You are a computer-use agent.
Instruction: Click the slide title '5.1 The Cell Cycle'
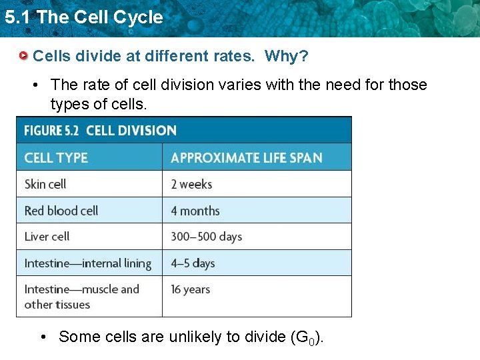(83, 17)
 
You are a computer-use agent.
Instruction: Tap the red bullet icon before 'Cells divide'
(23, 55)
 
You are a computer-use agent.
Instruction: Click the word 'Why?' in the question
(286, 56)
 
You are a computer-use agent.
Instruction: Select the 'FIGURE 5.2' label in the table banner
(53, 131)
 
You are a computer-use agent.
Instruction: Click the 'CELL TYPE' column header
(56, 158)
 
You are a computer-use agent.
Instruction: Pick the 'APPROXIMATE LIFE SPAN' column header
(246, 158)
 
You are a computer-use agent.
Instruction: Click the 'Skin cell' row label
(45, 184)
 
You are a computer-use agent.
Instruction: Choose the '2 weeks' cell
(191, 184)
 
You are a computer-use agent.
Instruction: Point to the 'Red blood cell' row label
(61, 211)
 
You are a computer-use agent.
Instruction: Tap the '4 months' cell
(195, 211)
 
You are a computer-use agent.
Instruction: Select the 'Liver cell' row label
(47, 237)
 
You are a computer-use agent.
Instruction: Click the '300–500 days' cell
(206, 237)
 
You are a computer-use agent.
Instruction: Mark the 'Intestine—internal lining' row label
(88, 263)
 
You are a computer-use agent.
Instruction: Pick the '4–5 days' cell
(193, 263)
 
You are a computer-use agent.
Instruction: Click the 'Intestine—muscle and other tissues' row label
(81, 297)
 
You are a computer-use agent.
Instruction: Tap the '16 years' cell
(190, 289)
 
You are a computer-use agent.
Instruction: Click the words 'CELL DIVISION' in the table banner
(131, 131)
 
